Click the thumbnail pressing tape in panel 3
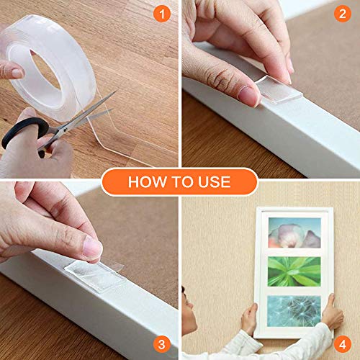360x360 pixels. point(92,248)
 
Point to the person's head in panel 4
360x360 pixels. point(189,306)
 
